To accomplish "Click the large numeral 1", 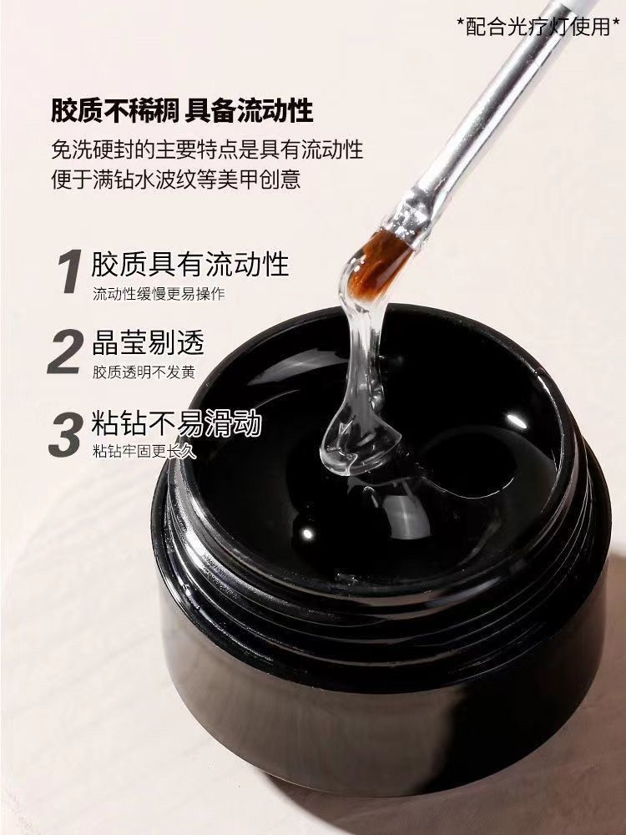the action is click(x=70, y=271).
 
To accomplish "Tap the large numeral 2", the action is click(x=65, y=352).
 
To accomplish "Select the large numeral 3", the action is click(x=65, y=434).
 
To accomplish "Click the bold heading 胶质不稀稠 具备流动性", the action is click(x=182, y=109).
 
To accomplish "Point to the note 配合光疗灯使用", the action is click(x=538, y=26).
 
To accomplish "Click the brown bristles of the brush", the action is click(x=378, y=262).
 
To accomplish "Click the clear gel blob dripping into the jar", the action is click(x=358, y=405).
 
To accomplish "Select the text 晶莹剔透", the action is click(x=148, y=342).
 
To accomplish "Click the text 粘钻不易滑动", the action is click(x=176, y=423).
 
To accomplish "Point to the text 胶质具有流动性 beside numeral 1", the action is click(x=190, y=264).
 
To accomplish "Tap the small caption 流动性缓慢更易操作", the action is click(x=159, y=294).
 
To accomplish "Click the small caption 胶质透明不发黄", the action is click(x=144, y=372).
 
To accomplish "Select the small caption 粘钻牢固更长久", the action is click(x=144, y=452).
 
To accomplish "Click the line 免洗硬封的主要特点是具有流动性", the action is click(x=207, y=149).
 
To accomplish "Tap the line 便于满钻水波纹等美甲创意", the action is click(x=176, y=179).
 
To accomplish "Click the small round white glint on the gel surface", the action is click(x=308, y=533).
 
